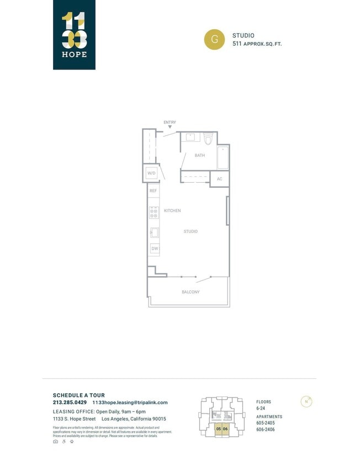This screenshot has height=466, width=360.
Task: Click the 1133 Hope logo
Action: (74, 35)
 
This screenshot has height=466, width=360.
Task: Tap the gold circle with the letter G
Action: (214, 39)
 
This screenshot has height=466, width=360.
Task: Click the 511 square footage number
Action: (237, 44)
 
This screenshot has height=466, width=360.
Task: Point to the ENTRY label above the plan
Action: (170, 122)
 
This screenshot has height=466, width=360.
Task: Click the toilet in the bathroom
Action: (208, 138)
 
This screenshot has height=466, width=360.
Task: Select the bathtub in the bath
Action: (223, 158)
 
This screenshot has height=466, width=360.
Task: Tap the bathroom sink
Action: (190, 137)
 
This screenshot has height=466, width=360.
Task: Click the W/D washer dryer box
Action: (151, 173)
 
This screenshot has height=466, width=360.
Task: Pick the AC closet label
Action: (219, 179)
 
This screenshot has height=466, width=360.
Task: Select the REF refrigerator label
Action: (153, 191)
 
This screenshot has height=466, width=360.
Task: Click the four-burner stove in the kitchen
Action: (154, 212)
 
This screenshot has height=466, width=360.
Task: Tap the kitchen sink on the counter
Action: (154, 232)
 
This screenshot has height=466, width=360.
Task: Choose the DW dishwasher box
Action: (154, 249)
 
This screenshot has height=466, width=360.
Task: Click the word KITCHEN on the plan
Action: (172, 211)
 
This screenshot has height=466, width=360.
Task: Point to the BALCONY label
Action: (190, 292)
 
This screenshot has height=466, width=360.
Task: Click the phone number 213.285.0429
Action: (70, 403)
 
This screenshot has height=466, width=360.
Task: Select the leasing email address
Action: (130, 403)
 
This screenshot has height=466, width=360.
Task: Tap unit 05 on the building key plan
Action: (219, 429)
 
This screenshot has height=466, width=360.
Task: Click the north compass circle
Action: (306, 401)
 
